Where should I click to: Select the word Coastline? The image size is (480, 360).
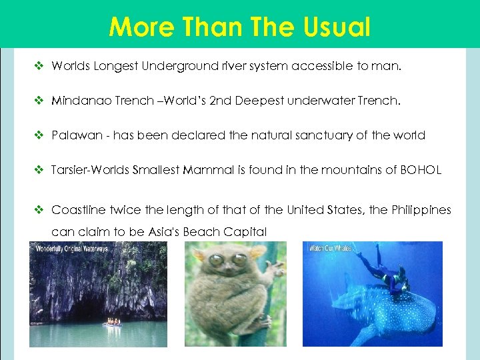coord(78,210)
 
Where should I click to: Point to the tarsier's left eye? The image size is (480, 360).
coord(218,261)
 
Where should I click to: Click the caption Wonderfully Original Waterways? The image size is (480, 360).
coord(69,248)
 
